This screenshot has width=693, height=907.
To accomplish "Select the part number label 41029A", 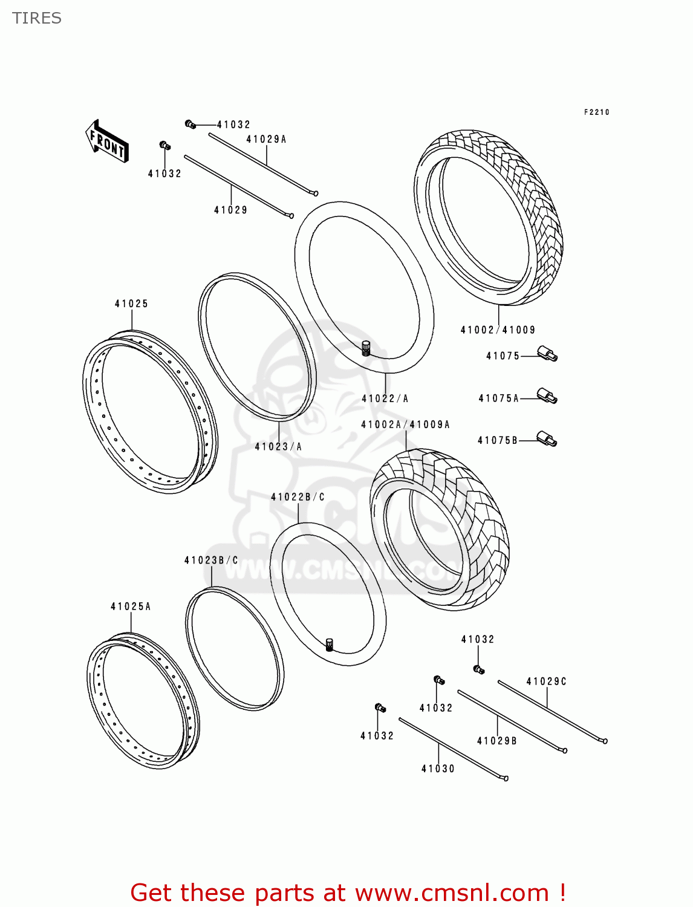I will point(266,139).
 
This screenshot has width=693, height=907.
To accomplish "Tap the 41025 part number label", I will point(131,304).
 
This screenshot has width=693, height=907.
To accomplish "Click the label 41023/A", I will point(278,447).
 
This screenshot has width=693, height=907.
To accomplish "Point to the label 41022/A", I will point(385,398).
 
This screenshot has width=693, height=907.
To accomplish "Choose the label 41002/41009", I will point(498,330).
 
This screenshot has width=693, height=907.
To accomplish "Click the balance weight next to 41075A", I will point(547,397).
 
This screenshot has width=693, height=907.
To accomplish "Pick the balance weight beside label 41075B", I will point(547,440).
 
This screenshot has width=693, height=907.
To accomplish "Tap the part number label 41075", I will point(503,356).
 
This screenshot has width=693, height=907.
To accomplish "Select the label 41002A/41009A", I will point(405,424).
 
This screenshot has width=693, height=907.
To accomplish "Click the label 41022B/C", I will point(298,497).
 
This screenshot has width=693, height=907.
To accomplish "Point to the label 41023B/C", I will point(211,561).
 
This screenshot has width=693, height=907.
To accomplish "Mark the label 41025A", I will point(131,606).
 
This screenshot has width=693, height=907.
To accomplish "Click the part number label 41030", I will point(438,769).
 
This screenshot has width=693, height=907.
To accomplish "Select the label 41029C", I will point(546,681).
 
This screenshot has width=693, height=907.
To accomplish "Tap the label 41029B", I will point(496,741).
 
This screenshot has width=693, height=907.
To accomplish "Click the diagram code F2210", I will point(596,112).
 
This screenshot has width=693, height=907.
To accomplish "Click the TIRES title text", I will point(37,18).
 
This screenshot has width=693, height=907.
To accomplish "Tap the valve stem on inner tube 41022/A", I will point(365,348).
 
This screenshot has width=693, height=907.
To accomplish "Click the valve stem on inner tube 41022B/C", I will point(330,645).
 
